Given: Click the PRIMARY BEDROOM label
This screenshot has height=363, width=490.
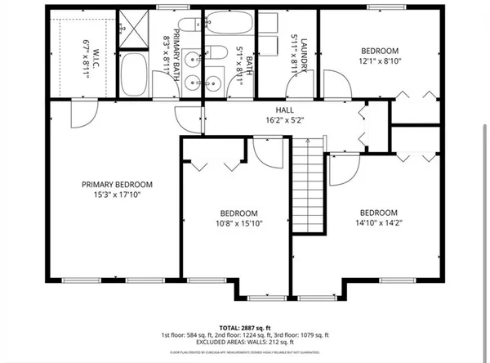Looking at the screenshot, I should point(117,185).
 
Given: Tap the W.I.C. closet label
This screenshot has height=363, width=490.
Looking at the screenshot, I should point(84,50).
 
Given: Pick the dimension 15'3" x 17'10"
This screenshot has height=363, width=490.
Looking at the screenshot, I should point(117,195).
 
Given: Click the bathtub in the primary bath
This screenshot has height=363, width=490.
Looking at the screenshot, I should point(133,75).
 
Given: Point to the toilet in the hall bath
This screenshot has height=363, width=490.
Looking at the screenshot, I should point(217,54).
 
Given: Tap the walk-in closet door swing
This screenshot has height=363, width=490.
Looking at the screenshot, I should point(83,114).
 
